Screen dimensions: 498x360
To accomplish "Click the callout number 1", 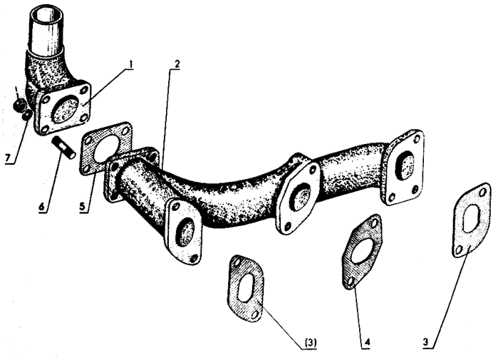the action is click(130, 65).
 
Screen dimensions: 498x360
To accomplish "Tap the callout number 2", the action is click(177, 64).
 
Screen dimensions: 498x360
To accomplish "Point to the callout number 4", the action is click(367, 342).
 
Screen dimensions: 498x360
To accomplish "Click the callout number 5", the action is click(82, 207).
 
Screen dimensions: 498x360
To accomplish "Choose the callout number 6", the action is click(41, 207).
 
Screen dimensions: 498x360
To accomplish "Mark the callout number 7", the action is click(8, 158).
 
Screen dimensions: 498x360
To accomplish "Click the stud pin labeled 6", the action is click(63, 146).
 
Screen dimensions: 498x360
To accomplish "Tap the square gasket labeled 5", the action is click(106, 148).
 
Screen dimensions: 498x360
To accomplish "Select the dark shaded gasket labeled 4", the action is click(362, 251).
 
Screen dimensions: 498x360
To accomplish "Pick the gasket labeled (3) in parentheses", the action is click(245, 287).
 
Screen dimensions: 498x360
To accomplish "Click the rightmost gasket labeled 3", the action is click(471, 220).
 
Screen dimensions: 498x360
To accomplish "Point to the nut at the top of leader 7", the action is click(19, 104).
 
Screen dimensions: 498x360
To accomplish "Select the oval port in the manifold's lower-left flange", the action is click(185, 232).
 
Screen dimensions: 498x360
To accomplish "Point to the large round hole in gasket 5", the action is click(105, 148).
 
